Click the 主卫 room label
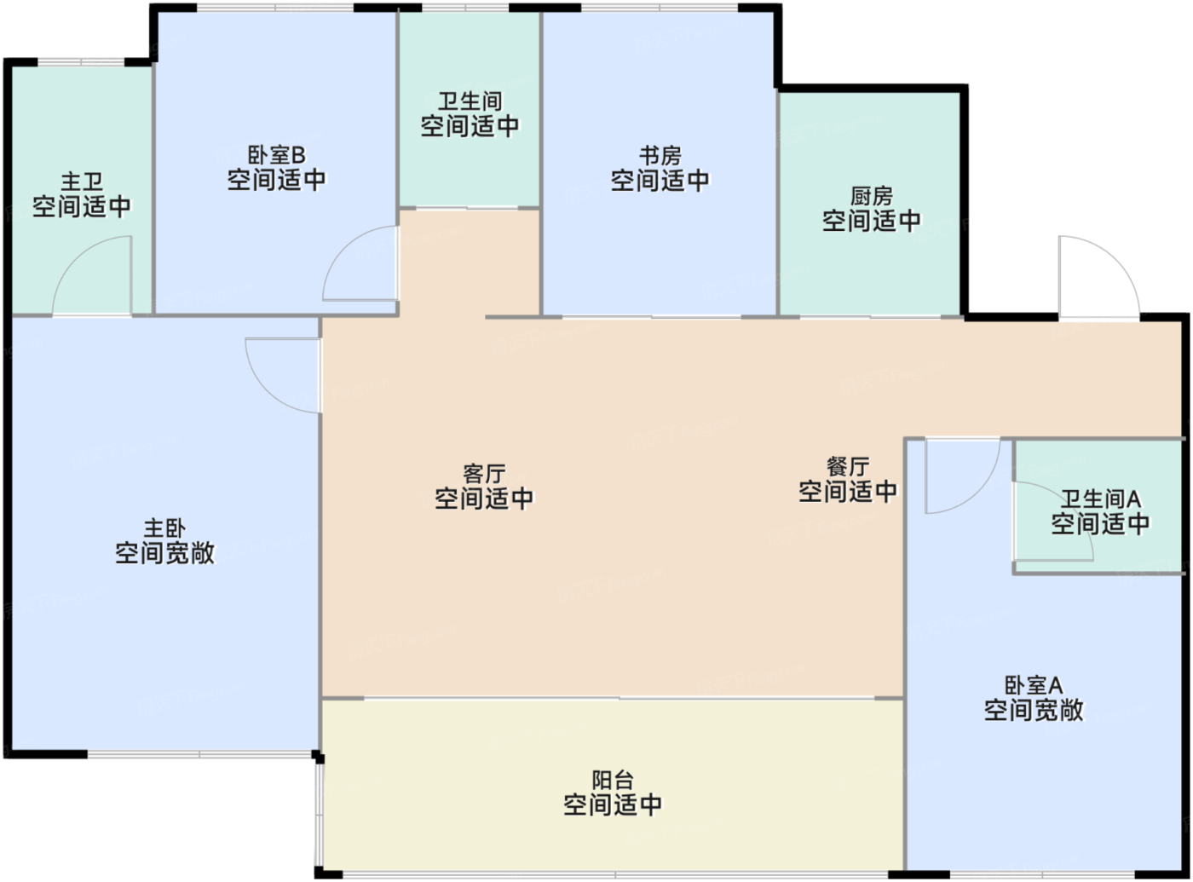click(82, 182)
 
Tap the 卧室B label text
click(276, 155)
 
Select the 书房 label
click(660, 156)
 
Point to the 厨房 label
click(872, 196)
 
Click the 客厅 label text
click(484, 474)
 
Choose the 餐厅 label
click(848, 466)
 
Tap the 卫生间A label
click(1100, 499)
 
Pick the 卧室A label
click(1034, 686)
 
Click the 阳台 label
click(613, 781)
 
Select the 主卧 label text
click(164, 528)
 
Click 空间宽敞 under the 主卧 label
click(164, 553)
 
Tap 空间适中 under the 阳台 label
click(613, 804)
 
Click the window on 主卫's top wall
click(81, 62)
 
